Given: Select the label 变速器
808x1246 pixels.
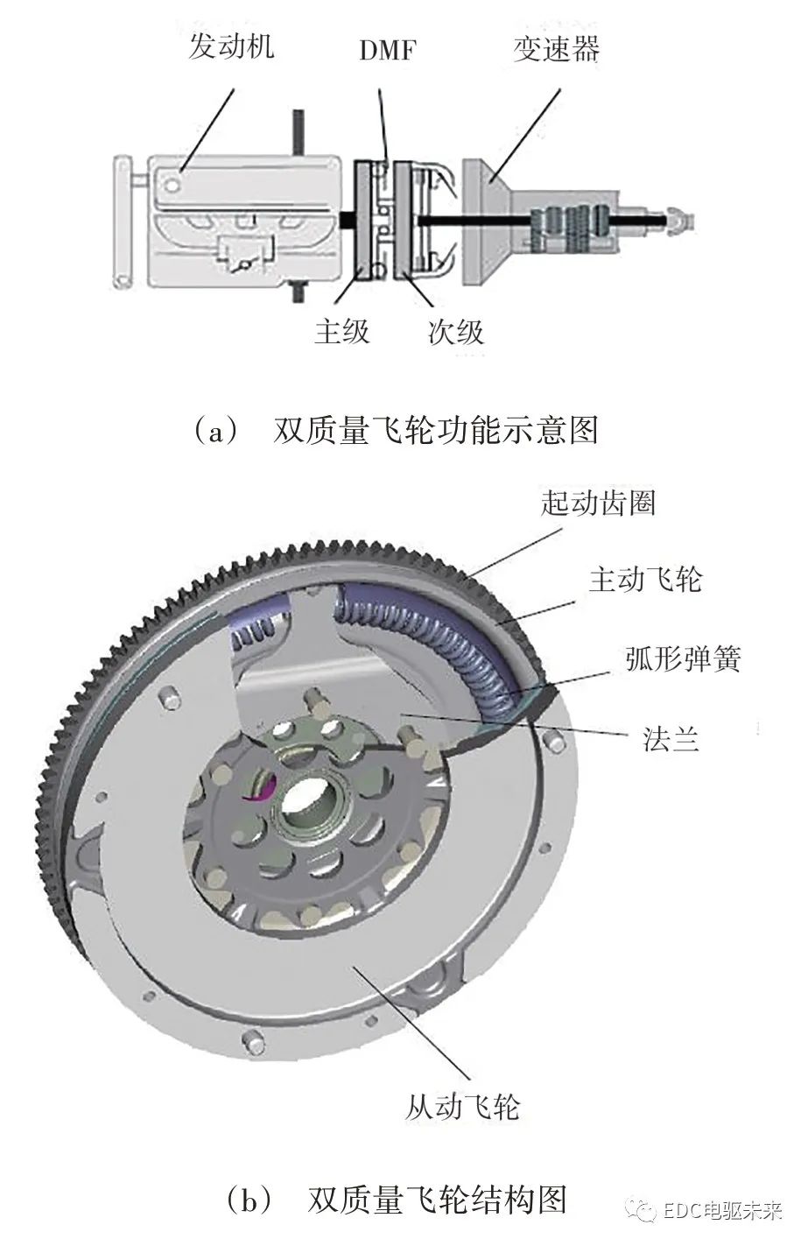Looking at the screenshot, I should pyautogui.click(x=556, y=48).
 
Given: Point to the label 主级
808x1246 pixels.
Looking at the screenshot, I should pyautogui.click(x=342, y=331).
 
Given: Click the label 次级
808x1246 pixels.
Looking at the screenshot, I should pyautogui.click(x=455, y=331).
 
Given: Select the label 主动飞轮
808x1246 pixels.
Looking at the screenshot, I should pyautogui.click(x=644, y=579).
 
